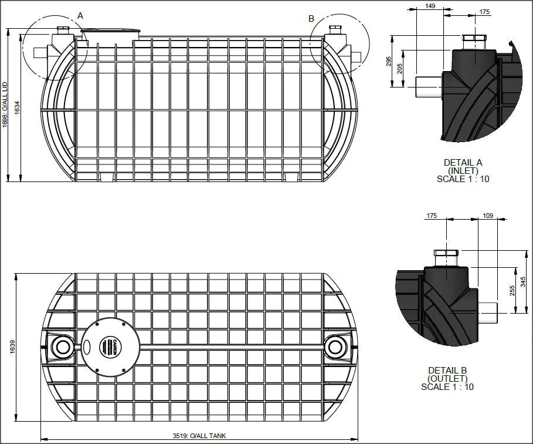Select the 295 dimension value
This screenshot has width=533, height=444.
pos(389,62)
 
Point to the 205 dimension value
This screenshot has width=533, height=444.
pos(401,69)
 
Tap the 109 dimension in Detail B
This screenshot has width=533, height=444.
pos(487,216)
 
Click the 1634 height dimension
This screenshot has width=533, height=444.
pos(17,107)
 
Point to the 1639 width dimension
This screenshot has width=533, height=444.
pos(12,347)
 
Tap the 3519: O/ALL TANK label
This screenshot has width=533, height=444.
pos(199,436)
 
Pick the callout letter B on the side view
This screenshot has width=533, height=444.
pos(311,19)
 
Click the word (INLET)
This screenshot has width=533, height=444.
pos(463,171)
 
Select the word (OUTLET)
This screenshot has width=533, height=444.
pos(447,378)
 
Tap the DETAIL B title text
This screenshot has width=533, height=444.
pos(447,370)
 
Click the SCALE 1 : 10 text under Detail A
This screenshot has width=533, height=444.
pos(463,179)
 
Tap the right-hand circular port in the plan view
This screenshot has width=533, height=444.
pos(336,347)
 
